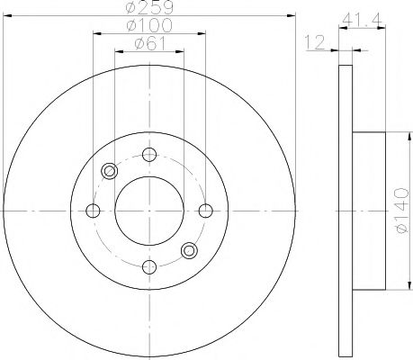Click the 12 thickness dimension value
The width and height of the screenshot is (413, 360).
point(313,42)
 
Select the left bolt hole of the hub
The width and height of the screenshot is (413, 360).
point(92,211)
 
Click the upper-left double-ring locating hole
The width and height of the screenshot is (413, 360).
point(110,171)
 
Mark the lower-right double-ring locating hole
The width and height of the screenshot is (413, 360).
point(188,250)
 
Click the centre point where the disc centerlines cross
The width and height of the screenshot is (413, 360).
point(149,211)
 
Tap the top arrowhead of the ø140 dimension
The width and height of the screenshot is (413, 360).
point(394,135)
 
